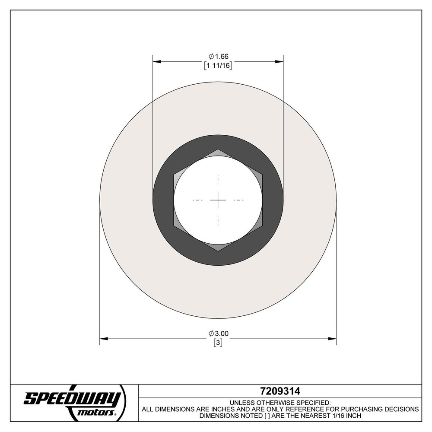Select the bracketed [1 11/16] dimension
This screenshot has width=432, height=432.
tap(218, 66)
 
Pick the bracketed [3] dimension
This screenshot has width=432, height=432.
tap(218, 343)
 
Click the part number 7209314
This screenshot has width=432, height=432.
tap(280, 391)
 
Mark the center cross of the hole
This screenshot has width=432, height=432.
tap(218, 200)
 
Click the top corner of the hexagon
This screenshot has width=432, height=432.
tap(218, 149)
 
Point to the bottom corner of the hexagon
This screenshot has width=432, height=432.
tap(218, 251)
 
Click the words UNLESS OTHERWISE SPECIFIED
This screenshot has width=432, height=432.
tap(280, 402)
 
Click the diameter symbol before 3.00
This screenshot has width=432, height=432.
tap(211, 333)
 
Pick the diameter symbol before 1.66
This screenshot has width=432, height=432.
tap(211, 57)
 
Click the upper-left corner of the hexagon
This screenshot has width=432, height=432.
tap(174, 175)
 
